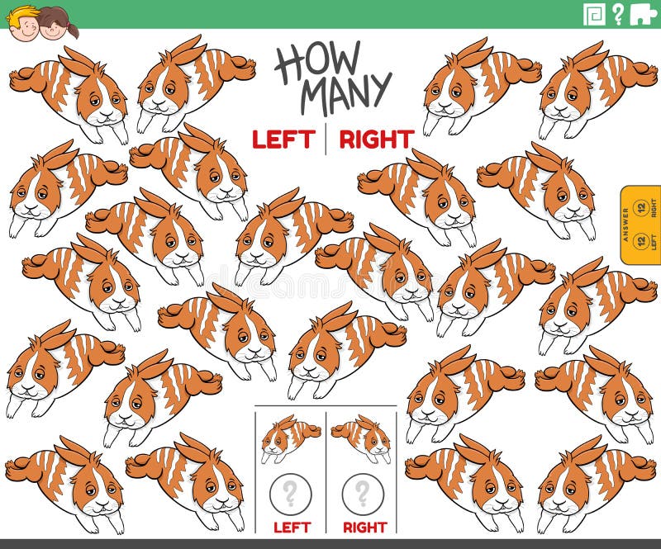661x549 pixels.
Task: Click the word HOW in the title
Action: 317,60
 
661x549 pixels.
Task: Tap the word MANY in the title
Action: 345,92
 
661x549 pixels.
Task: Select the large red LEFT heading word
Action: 283,140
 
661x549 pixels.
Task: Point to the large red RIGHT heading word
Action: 376,140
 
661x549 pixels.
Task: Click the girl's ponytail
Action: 74,30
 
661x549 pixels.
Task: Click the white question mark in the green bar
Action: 617,14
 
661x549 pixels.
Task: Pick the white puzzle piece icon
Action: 643,14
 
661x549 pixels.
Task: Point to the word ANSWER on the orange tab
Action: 626,225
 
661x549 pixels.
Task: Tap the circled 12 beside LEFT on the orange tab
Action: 640,242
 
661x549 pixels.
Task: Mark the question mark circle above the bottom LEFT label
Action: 290,495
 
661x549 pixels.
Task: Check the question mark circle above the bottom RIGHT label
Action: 363,495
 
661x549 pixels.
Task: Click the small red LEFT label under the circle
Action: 290,527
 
